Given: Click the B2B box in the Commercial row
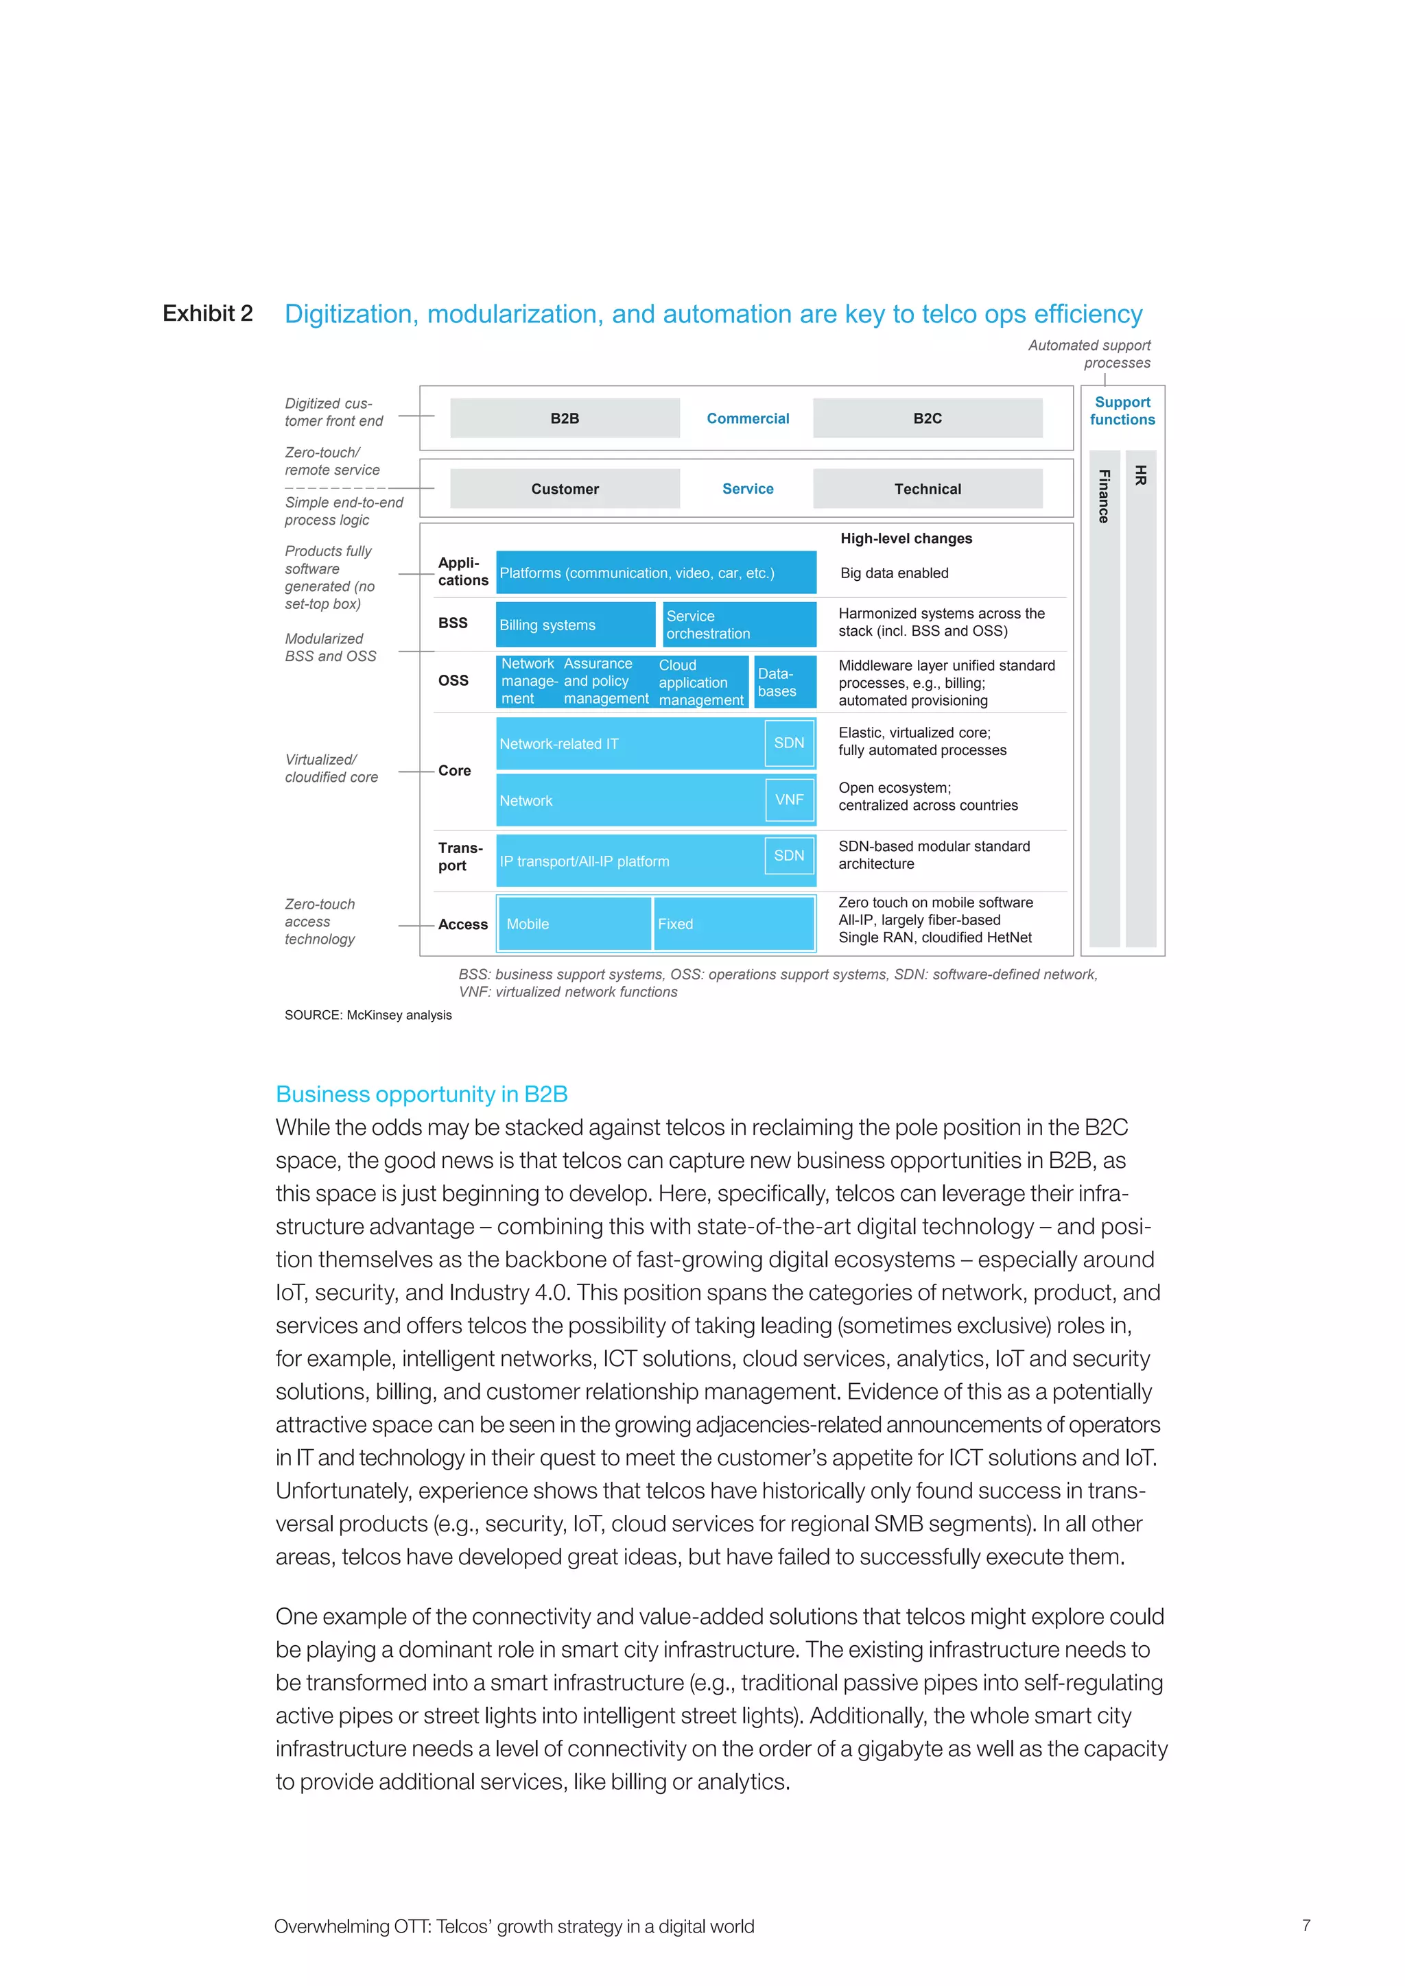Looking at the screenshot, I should point(564,418).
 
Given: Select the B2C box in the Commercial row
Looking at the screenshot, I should point(927,418).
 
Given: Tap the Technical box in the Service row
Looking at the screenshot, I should point(927,489).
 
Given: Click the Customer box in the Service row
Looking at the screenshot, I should point(564,489).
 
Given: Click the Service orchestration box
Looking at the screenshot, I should point(739,625).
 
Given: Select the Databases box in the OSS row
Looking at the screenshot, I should point(784,682).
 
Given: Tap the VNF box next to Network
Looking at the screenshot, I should point(789,799).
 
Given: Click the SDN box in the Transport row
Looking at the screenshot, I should point(789,854).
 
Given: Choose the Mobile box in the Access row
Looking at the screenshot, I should point(573,924).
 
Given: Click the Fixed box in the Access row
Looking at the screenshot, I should point(733,924).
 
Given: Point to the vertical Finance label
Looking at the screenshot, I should point(1104,496).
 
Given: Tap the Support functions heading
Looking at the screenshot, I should point(1122,411).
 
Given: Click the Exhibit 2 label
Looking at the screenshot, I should point(208,313).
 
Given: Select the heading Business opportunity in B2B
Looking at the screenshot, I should point(421,1094).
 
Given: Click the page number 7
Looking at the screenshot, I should point(1306,1926).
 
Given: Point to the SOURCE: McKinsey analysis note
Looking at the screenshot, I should point(368,1015).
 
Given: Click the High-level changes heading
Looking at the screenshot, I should point(906,538).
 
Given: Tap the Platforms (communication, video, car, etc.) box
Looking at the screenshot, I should point(655,573).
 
